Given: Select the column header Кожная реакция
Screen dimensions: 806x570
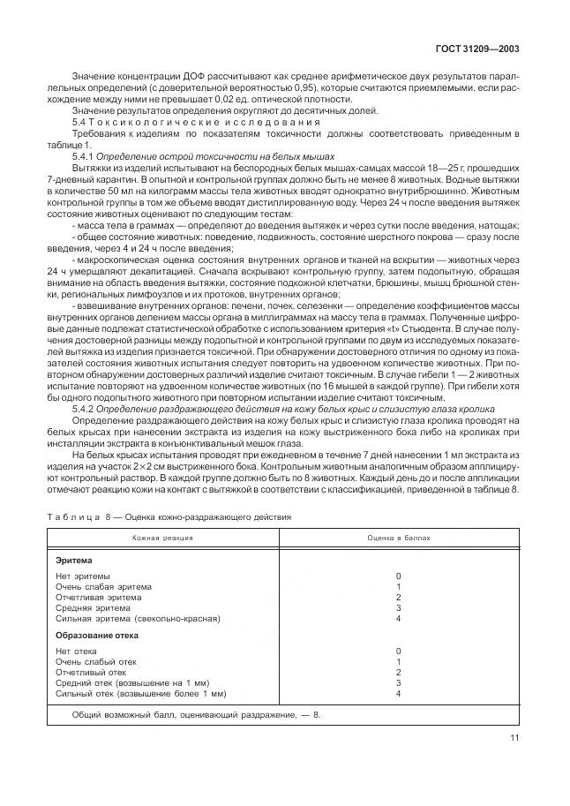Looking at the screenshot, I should pos(164,537).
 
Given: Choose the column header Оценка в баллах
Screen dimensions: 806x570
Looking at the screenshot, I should pos(399,537).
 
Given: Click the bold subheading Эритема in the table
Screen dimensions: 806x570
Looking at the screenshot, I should pos(75,560).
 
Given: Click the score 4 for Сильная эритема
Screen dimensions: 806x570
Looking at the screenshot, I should pos(399,619).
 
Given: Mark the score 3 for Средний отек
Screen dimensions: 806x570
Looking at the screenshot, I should pos(399,683).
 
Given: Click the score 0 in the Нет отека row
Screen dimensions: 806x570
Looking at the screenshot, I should pos(399,652).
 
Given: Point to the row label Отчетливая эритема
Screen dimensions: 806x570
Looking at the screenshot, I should pos(97,597).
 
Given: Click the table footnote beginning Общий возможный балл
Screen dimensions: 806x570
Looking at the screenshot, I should pos(197,713).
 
